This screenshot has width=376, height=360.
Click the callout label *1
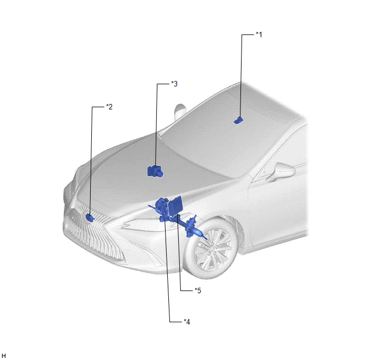(x=258, y=34)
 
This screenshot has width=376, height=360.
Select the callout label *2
(x=109, y=107)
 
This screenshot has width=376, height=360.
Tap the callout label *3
(x=174, y=84)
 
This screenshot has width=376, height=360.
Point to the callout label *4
(x=187, y=322)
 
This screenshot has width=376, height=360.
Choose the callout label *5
(x=198, y=291)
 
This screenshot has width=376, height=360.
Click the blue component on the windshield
(x=238, y=120)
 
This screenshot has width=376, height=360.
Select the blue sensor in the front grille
(x=90, y=217)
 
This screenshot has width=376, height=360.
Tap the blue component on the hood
(x=155, y=171)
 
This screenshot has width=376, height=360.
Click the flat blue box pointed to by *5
(x=175, y=206)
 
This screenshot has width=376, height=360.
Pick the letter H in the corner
(x=4, y=356)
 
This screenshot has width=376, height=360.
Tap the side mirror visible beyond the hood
(x=179, y=111)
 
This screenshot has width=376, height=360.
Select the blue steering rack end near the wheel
(x=200, y=234)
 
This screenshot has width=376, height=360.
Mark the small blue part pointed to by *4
(x=164, y=219)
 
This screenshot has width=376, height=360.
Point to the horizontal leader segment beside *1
(x=248, y=35)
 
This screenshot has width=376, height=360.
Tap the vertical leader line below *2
(x=91, y=160)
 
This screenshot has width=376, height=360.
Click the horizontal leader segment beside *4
(x=176, y=322)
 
